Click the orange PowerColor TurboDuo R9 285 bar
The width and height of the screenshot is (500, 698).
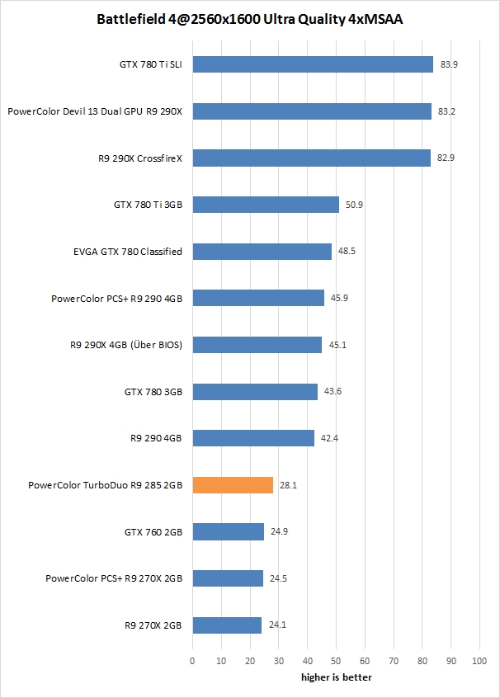click(x=233, y=485)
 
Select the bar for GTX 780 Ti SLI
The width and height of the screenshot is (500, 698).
click(x=313, y=64)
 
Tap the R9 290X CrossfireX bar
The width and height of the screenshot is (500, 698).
click(x=311, y=158)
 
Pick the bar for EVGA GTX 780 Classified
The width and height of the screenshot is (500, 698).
click(x=262, y=252)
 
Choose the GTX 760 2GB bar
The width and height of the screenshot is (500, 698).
click(x=228, y=532)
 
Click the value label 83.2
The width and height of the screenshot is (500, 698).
click(x=446, y=111)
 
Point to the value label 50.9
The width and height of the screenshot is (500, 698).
click(x=355, y=205)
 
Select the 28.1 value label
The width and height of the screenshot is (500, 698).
click(x=288, y=485)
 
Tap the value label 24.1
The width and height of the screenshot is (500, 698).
click(x=276, y=625)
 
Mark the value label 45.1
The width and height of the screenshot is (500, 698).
click(x=337, y=345)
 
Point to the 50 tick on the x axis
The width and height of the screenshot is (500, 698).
click(x=336, y=661)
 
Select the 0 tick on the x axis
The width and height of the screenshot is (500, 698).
click(x=192, y=661)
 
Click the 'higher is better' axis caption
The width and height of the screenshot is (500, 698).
click(x=335, y=677)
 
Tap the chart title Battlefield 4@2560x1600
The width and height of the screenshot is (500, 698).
click(x=250, y=17)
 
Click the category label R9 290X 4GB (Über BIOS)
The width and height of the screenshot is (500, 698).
click(x=127, y=345)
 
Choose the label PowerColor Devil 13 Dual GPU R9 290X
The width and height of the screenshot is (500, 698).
click(x=95, y=111)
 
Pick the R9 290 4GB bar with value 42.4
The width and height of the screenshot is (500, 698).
click(x=253, y=438)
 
